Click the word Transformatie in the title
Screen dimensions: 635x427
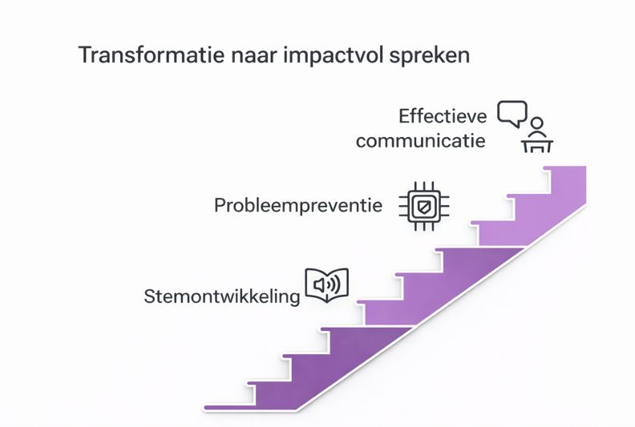[x=151, y=55]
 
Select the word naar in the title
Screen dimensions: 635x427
[x=254, y=55]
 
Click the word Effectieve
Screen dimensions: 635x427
[x=443, y=117]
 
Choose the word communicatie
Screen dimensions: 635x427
[x=420, y=141]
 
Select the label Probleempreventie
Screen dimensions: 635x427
[x=298, y=206]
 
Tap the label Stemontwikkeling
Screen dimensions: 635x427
[x=222, y=296]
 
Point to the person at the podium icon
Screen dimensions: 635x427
[x=537, y=136]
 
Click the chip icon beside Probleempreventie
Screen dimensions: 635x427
[x=424, y=206]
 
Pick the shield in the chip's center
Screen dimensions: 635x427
[x=424, y=207]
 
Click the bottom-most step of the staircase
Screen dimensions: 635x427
[x=231, y=408]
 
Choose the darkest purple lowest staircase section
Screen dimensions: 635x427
[x=308, y=377]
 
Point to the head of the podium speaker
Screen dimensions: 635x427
[x=537, y=123]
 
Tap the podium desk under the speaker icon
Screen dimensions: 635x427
[x=537, y=146]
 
